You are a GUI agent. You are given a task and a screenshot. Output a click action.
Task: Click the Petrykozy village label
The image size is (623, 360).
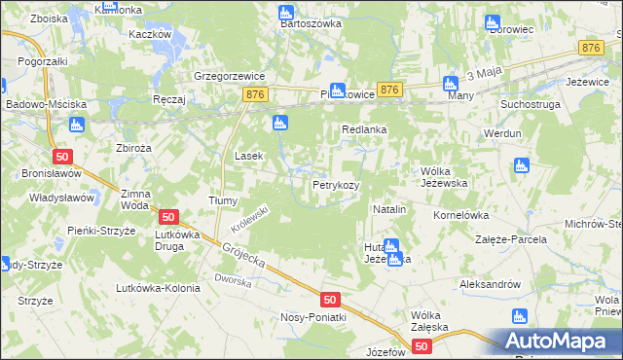point(336,184)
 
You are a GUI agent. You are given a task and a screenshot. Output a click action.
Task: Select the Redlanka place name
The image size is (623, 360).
point(365,128)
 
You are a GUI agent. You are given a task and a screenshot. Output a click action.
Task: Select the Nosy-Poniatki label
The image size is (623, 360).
point(311,318)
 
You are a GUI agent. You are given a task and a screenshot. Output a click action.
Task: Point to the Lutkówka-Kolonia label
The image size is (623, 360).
point(158,287)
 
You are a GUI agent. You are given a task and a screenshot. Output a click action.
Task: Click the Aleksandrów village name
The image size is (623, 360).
point(491,284)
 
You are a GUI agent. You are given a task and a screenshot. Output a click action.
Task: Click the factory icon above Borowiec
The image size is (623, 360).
point(493,22)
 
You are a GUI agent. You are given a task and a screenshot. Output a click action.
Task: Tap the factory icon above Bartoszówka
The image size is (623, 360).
point(285,13)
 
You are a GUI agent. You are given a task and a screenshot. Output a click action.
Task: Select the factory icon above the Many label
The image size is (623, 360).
point(451,84)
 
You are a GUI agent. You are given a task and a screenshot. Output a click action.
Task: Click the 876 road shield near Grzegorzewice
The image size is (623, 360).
point(255,93)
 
